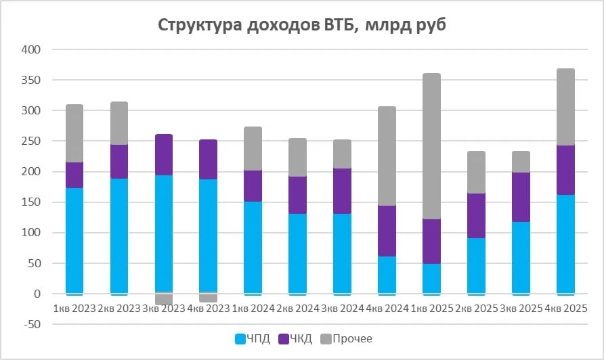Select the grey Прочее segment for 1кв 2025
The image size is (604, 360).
point(431,146)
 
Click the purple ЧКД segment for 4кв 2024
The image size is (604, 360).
point(387,231)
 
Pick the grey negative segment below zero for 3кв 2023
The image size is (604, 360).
point(164,299)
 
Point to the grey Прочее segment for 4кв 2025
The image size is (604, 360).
point(565,107)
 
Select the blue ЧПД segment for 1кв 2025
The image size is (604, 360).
point(431,279)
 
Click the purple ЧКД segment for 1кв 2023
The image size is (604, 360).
point(74,175)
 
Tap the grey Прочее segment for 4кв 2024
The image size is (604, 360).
point(387,156)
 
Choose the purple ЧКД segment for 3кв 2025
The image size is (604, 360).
point(521,197)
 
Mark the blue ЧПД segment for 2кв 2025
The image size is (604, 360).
point(476,266)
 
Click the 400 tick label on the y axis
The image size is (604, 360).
point(32,49)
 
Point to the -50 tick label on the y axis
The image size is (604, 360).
point(33,324)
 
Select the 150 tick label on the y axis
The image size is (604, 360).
point(32,202)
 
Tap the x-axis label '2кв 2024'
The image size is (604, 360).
point(298,309)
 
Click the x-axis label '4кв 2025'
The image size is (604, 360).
point(566,309)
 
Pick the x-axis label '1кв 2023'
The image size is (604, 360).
point(74,309)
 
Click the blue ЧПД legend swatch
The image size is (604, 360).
point(240,339)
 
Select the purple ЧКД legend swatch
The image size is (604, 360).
point(284,339)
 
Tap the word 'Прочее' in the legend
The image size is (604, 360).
point(353,339)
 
